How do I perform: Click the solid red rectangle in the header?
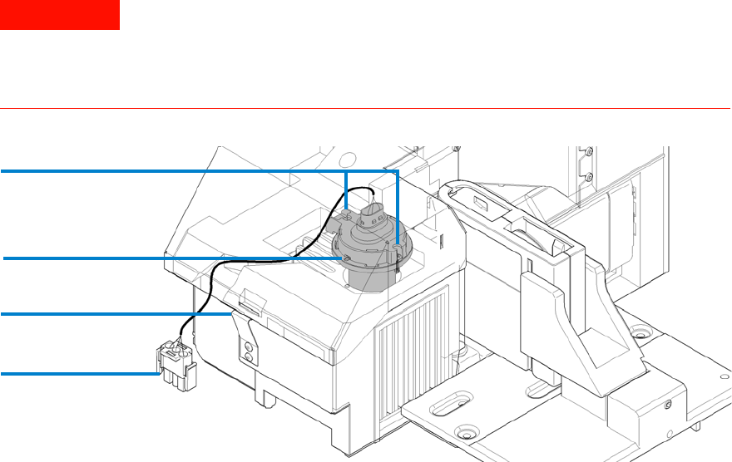pyautogui.click(x=60, y=15)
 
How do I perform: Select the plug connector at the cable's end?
pyautogui.click(x=176, y=365)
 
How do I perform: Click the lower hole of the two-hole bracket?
pyautogui.click(x=246, y=356)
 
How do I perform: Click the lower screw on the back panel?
pyautogui.click(x=588, y=177)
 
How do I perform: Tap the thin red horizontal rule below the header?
pyautogui.click(x=366, y=108)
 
